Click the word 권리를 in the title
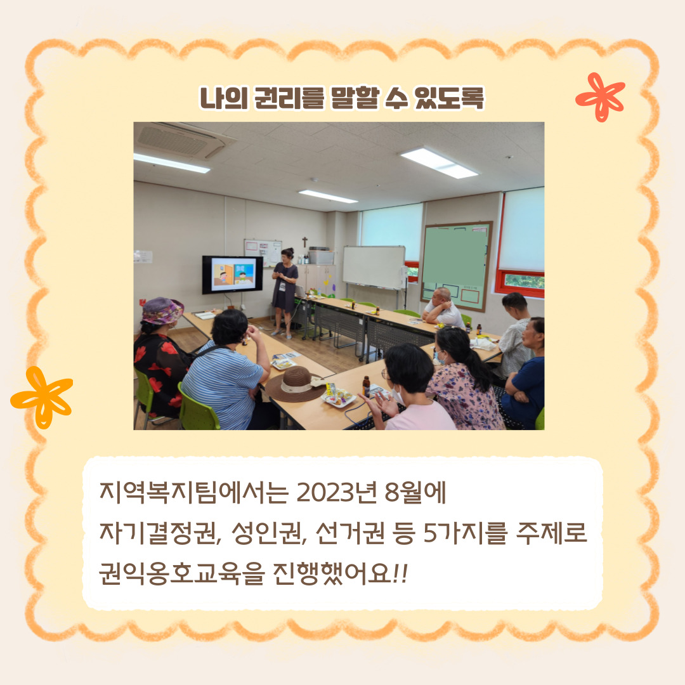pos(289,98)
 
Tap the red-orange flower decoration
pos(600,97)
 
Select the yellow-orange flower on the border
pos(42,396)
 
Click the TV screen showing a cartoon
pos(232,275)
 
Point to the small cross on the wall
pos(305,242)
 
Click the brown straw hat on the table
pos(296,383)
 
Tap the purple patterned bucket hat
pos(162,311)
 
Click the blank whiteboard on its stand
pos(374,268)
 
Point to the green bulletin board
pos(457,266)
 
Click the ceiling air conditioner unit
pos(183,140)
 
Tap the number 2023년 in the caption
pos(336,492)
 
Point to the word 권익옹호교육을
pos(182,573)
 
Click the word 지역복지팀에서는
pos(194,492)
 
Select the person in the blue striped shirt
pos(226,370)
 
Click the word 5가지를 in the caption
pos(465,533)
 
